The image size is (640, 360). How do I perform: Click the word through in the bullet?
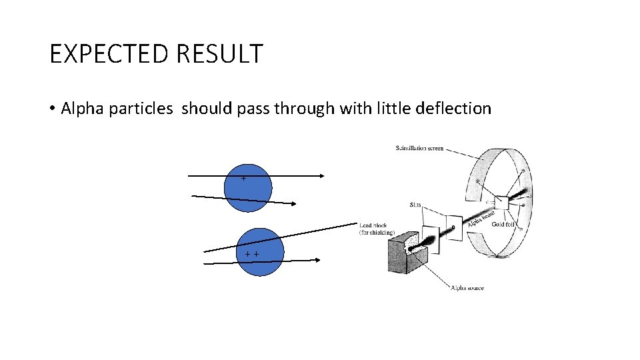point(301,109)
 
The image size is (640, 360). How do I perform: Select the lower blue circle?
point(260,252)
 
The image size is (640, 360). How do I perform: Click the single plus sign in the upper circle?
point(243,179)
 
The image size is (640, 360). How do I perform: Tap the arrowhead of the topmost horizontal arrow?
point(321,176)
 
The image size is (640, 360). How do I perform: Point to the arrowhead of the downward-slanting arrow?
point(295,204)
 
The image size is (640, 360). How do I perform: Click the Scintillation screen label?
point(419,148)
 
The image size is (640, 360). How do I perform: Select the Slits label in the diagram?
point(415,205)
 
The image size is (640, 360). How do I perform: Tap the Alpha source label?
point(467,288)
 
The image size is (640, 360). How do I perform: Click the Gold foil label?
point(503,225)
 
